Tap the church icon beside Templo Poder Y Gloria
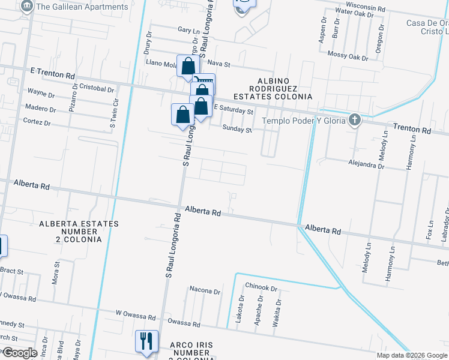click(x=355, y=119)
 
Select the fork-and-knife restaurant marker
click(x=146, y=342)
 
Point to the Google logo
click(x=19, y=353)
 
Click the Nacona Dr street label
click(x=204, y=292)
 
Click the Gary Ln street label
click(x=188, y=30)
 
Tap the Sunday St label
click(x=237, y=128)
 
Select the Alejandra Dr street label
click(x=366, y=162)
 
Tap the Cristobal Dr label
click(x=96, y=89)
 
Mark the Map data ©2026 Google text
click(x=412, y=355)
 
